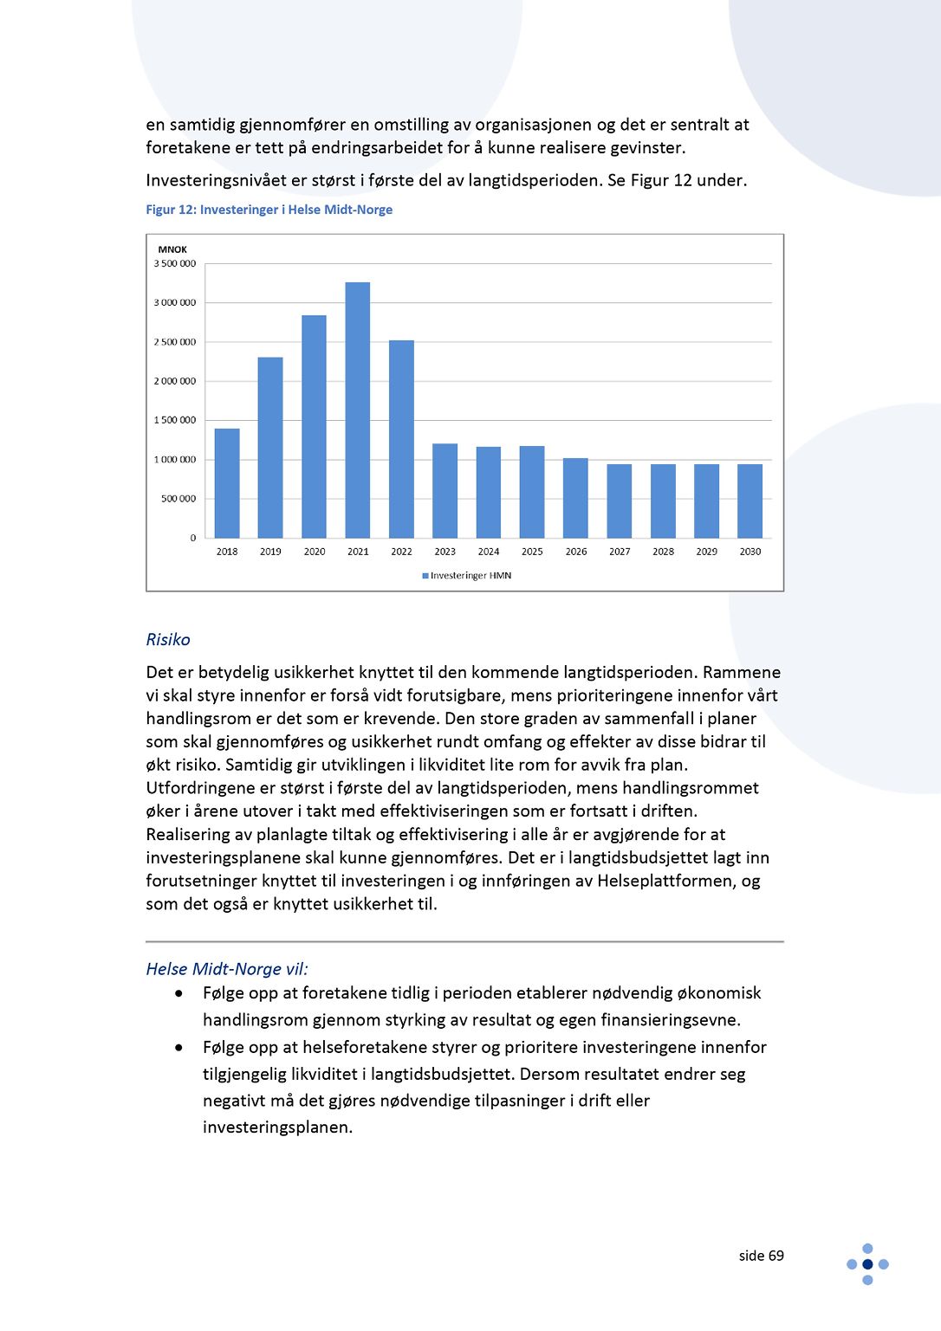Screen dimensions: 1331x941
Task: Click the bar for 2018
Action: click(227, 483)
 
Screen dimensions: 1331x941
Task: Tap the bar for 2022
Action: click(401, 439)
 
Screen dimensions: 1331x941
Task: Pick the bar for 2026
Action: click(575, 498)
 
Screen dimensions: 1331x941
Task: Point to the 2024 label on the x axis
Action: click(489, 552)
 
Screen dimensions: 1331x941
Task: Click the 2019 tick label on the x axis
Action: click(270, 552)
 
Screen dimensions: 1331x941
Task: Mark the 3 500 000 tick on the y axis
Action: click(175, 263)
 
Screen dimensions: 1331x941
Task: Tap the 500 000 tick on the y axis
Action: click(178, 499)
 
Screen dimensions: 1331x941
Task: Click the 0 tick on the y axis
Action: click(193, 538)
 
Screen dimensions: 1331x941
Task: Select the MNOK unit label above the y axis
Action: click(172, 249)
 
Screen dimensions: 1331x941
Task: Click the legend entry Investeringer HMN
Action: click(467, 576)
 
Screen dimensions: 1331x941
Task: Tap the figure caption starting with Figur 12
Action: click(269, 210)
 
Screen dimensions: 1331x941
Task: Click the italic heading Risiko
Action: click(168, 640)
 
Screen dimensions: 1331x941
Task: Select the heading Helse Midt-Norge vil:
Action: click(227, 969)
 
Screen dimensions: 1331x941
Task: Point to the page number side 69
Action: click(761, 1256)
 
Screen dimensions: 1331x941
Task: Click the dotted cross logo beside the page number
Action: click(867, 1264)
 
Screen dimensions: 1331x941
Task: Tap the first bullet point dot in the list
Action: click(179, 993)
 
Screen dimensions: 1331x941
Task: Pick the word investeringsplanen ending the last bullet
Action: click(276, 1127)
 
